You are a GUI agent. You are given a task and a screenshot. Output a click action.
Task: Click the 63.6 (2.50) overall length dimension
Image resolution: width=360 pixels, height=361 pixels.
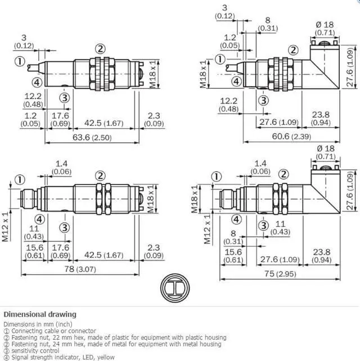tap(92, 137)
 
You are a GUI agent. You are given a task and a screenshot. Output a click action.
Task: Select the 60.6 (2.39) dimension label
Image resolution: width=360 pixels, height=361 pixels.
tap(291, 136)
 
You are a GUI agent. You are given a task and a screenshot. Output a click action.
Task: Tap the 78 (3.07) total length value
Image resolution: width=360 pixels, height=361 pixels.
tap(80, 269)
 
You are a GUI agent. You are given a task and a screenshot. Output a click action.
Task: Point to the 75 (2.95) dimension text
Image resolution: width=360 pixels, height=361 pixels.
tap(280, 274)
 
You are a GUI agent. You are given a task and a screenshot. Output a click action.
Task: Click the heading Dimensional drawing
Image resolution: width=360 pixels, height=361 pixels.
tap(40, 314)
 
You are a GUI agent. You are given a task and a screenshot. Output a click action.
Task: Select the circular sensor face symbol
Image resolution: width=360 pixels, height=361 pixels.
tap(175, 288)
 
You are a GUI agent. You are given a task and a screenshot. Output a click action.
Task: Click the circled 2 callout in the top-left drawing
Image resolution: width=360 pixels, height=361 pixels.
tap(100, 49)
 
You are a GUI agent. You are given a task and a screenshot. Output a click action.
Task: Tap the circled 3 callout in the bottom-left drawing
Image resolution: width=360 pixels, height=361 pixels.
tap(65, 228)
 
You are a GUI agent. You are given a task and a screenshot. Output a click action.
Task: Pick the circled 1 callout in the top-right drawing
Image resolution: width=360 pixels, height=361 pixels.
tap(220, 59)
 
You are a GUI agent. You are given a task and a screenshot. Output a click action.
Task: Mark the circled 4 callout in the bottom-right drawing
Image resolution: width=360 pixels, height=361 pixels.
tap(237, 219)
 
